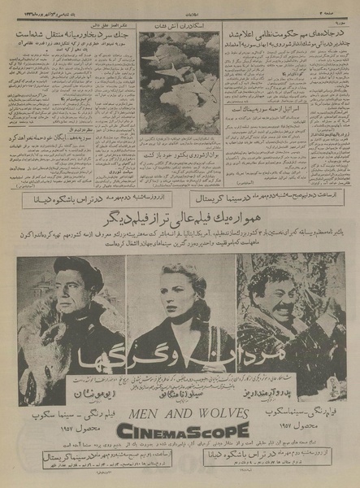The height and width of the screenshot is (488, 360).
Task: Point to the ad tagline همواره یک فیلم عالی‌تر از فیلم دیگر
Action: click(x=180, y=219)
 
